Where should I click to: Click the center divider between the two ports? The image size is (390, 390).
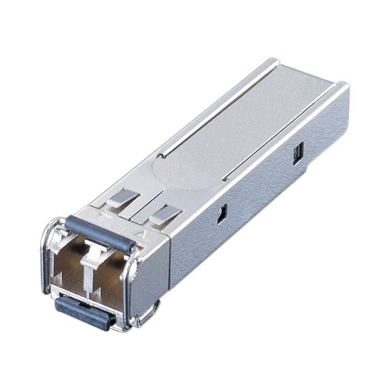pyautogui.click(x=86, y=266)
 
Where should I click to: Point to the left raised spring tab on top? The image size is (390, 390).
pyautogui.click(x=123, y=198)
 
